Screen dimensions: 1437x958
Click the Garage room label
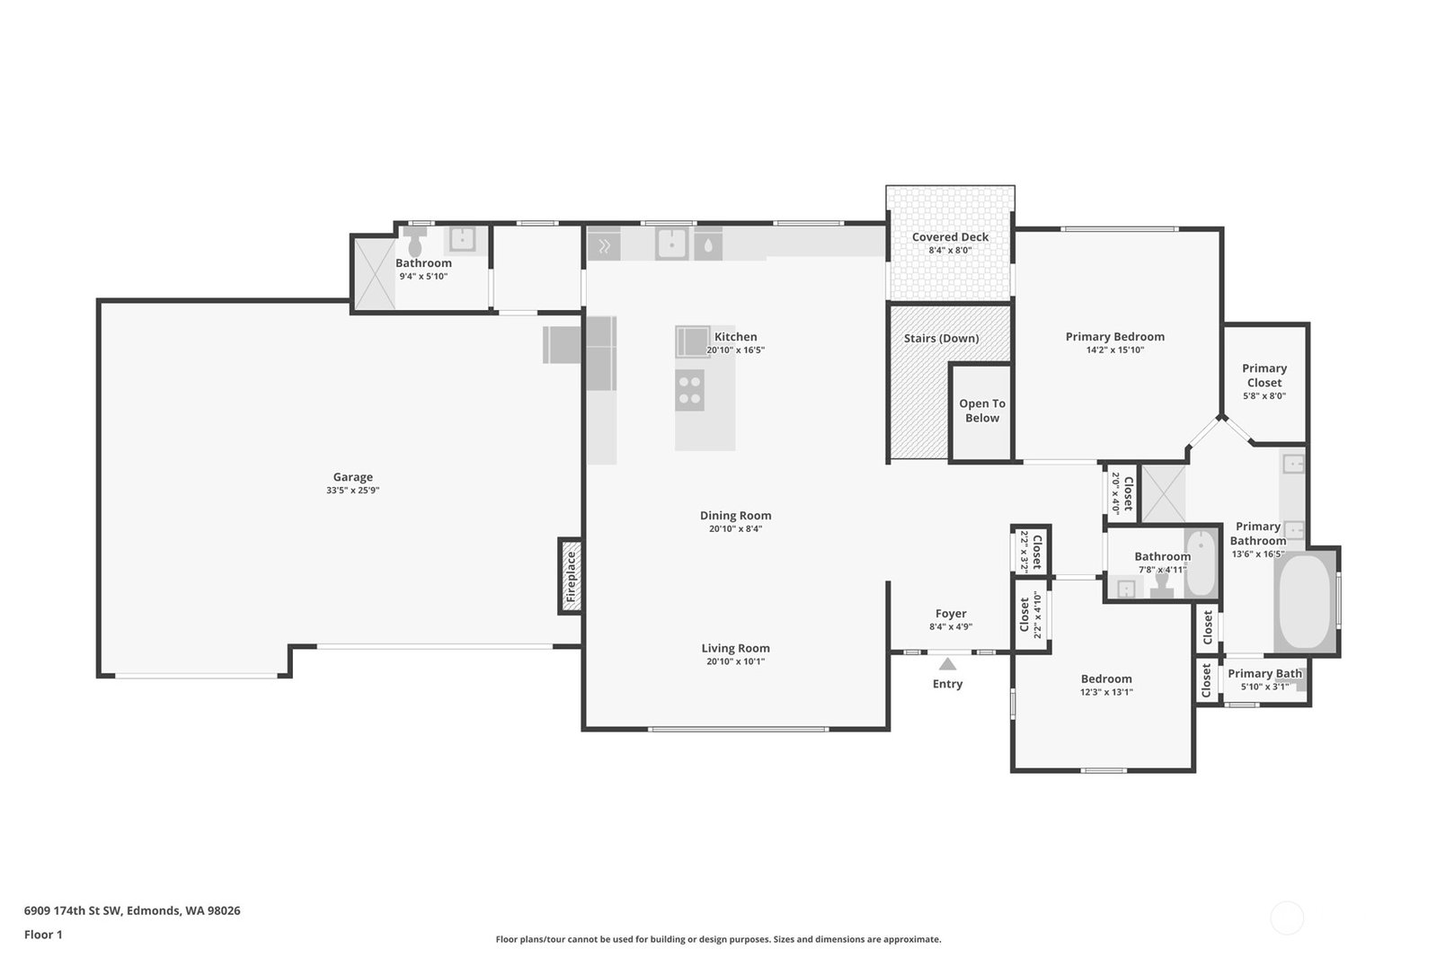coord(352,477)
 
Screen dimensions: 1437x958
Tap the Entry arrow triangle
coord(947,664)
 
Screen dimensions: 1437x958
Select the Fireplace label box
coord(571,576)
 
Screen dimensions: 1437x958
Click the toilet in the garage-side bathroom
coord(415,241)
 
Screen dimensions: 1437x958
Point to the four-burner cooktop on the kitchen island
coord(689,391)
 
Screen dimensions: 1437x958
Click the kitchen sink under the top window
coord(671,244)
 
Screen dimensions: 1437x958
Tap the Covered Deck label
coord(950,236)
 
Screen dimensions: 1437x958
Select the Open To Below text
coord(982,411)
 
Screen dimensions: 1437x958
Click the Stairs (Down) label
coord(941,338)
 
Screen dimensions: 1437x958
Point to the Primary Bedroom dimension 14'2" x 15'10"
coord(1115,350)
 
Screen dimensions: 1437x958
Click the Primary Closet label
coord(1264,376)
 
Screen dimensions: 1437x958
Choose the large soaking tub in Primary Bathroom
coord(1305,602)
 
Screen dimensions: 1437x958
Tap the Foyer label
coord(951,614)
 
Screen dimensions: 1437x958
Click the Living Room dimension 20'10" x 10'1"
coord(736,661)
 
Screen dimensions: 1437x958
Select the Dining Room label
coord(736,515)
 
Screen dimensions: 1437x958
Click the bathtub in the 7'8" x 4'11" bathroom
coord(1201,563)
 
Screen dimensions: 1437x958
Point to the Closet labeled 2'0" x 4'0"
coord(1122,492)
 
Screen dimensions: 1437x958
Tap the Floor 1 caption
coord(44,935)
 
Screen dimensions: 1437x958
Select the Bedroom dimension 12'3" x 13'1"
coord(1106,692)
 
